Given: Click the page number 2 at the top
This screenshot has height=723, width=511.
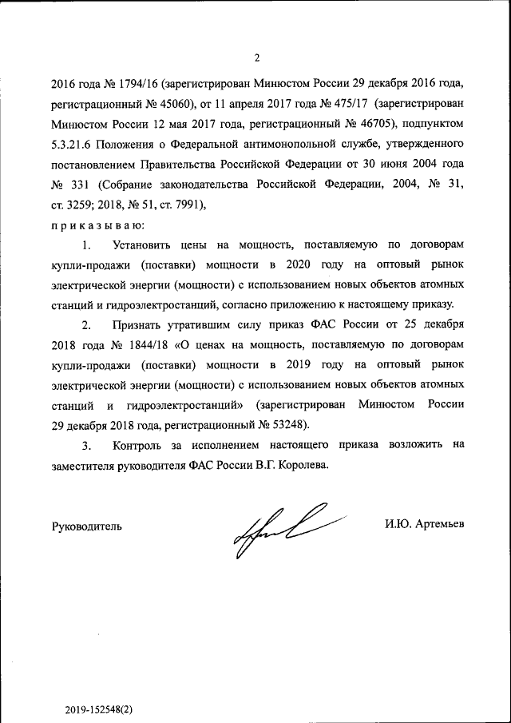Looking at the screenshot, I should [256, 57].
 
